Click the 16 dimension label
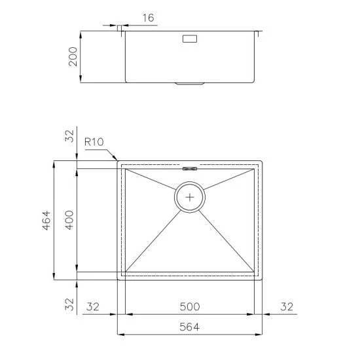coord(148,18)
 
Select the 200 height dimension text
coord(73,56)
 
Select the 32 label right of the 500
coord(287,306)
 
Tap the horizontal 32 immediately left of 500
coord(92,306)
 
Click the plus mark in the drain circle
coord(190,196)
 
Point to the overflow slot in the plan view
coord(190,168)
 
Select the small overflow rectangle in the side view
coord(190,39)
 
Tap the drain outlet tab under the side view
coord(190,84)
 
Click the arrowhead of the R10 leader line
coord(117,159)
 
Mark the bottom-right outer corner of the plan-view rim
coord(263,279)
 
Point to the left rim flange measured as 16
coord(120,31)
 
